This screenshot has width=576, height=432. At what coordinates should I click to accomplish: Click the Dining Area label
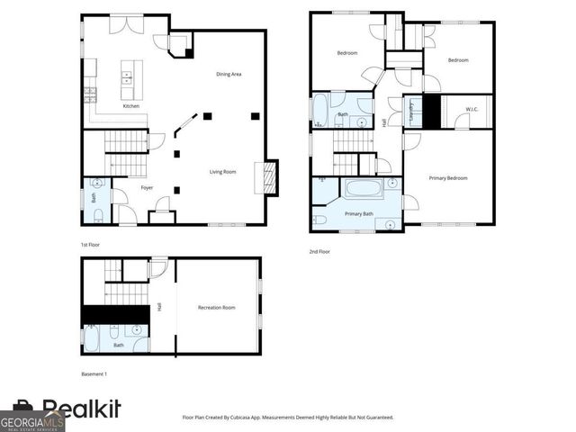[228, 74]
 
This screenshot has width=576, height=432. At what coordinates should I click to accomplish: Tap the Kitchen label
[131, 107]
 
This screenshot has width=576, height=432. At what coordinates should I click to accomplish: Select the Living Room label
[223, 172]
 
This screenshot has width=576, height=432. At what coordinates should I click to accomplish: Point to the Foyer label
[147, 187]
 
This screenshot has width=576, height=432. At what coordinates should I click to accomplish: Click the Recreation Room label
[216, 308]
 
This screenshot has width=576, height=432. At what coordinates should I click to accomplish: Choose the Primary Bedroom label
[447, 178]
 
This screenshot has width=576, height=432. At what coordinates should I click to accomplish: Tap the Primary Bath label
[359, 214]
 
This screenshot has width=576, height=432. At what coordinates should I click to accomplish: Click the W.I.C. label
[472, 110]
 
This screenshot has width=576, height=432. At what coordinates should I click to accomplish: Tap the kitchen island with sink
[128, 76]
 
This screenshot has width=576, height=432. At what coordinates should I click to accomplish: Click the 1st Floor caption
[90, 244]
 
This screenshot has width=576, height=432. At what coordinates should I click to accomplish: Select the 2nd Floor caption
[319, 252]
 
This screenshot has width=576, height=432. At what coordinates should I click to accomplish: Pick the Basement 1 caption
[94, 373]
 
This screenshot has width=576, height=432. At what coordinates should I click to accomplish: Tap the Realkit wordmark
[81, 409]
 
